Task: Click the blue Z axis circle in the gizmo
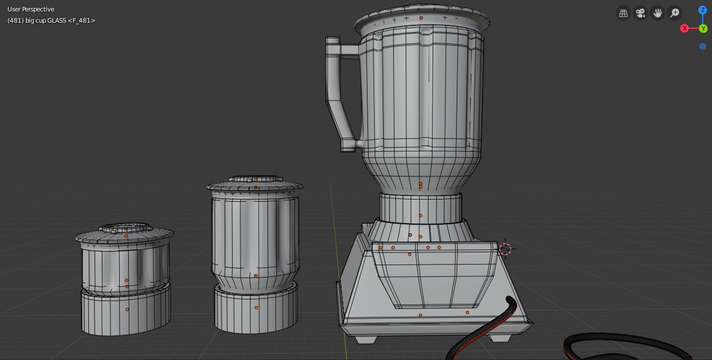[x=702, y=10]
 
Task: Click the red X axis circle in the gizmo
[x=685, y=28]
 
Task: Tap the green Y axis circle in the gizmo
[x=703, y=29]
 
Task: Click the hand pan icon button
[x=657, y=13]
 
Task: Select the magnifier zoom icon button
[x=675, y=13]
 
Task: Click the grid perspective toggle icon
[x=623, y=13]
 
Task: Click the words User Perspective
[x=31, y=9]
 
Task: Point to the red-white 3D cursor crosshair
[x=505, y=249]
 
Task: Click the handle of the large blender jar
[x=333, y=93]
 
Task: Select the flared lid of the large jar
[x=422, y=17]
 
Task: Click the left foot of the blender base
[x=365, y=339]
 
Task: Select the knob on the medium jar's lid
[x=256, y=179]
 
